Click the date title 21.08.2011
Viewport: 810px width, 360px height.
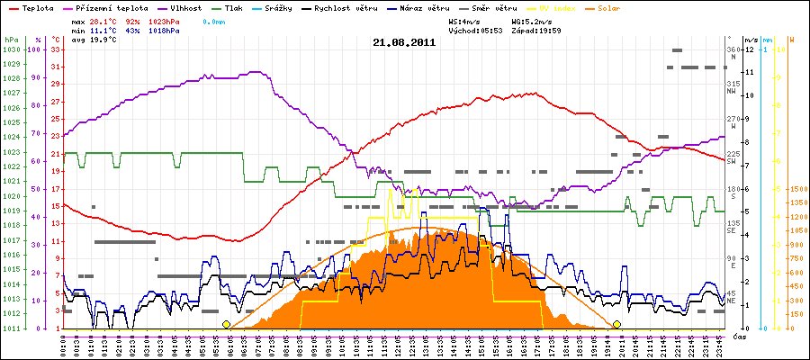(x=404, y=41)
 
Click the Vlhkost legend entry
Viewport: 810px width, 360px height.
(x=188, y=7)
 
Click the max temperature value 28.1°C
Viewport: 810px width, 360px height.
(x=105, y=20)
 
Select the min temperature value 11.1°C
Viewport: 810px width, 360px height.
(x=105, y=30)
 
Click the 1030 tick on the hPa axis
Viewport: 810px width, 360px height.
(x=11, y=50)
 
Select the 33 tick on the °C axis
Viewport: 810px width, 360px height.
(x=56, y=50)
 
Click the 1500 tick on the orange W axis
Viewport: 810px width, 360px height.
(x=797, y=189)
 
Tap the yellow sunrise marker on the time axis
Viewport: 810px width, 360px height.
(x=226, y=324)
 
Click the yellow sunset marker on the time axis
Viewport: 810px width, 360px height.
(x=616, y=324)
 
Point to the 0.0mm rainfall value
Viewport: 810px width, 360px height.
(x=215, y=20)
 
